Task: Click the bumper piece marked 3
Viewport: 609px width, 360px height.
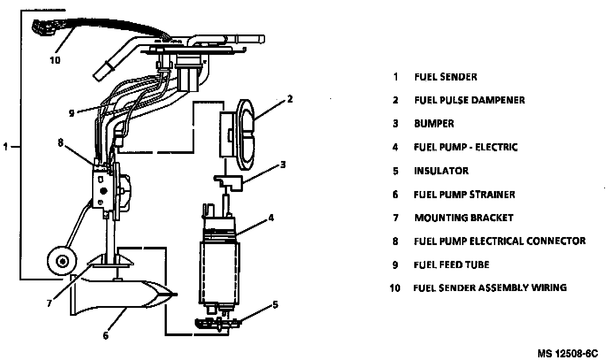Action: (x=233, y=182)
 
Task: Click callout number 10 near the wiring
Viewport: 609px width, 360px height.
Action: (x=55, y=59)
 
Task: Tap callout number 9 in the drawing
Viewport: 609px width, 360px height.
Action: (x=72, y=112)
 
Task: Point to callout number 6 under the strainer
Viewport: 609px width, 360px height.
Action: (x=105, y=336)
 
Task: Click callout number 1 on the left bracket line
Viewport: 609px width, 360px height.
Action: (x=5, y=146)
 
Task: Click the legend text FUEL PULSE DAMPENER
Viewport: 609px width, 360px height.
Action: (x=469, y=100)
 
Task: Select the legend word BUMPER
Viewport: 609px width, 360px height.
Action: (x=434, y=123)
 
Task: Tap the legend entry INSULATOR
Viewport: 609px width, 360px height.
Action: (x=441, y=171)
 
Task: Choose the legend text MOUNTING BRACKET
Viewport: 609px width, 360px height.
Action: (x=463, y=218)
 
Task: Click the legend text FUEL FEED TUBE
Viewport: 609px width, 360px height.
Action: (x=451, y=264)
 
